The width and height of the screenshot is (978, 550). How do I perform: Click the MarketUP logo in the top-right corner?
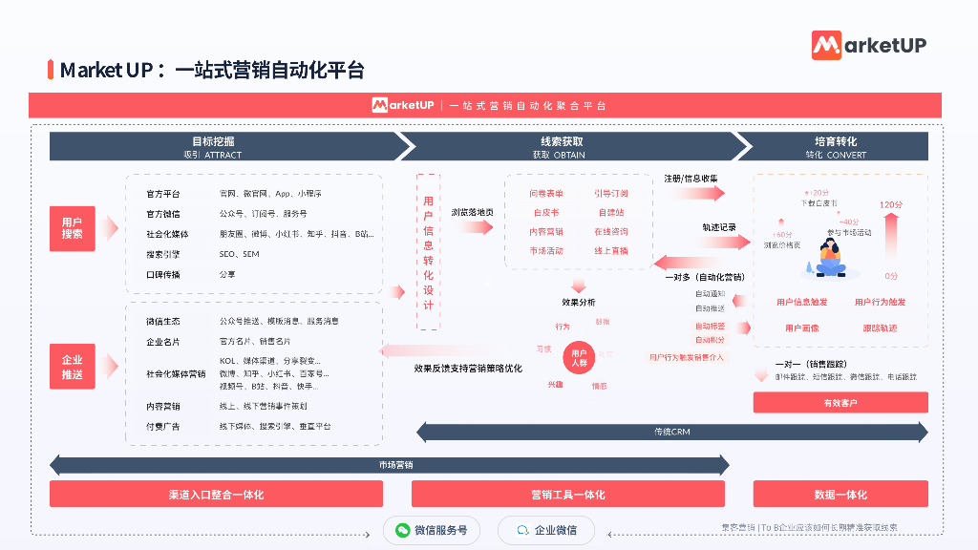[868, 45]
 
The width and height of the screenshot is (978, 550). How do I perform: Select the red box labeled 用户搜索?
[73, 228]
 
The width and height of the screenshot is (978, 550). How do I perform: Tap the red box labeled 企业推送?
[73, 368]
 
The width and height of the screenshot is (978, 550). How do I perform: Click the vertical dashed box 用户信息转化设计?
[428, 251]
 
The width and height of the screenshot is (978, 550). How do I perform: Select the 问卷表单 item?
[546, 194]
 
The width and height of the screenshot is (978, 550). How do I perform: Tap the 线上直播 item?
[611, 251]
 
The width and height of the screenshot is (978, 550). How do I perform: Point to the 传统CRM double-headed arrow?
[671, 433]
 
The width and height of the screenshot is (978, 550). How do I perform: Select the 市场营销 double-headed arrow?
[389, 465]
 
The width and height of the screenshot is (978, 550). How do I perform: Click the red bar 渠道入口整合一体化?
[216, 494]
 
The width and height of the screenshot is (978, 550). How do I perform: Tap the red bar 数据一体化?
[840, 494]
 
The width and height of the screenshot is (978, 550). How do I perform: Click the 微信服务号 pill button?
[431, 530]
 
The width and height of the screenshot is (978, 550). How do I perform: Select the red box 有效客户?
[840, 403]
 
